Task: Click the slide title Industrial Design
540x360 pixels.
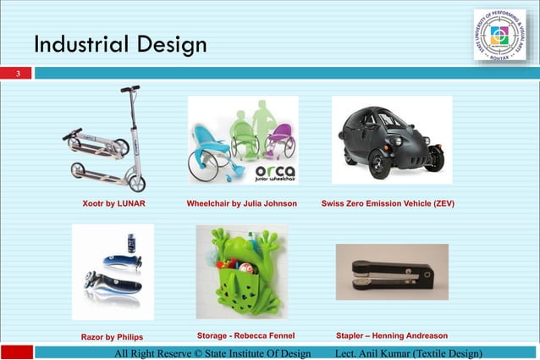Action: point(120,44)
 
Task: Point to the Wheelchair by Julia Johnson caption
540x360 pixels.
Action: point(241,204)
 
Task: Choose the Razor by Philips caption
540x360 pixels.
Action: point(112,336)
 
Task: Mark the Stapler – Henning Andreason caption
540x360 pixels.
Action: point(392,335)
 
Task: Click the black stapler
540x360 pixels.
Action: point(392,274)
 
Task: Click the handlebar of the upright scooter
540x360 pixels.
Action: point(129,89)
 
